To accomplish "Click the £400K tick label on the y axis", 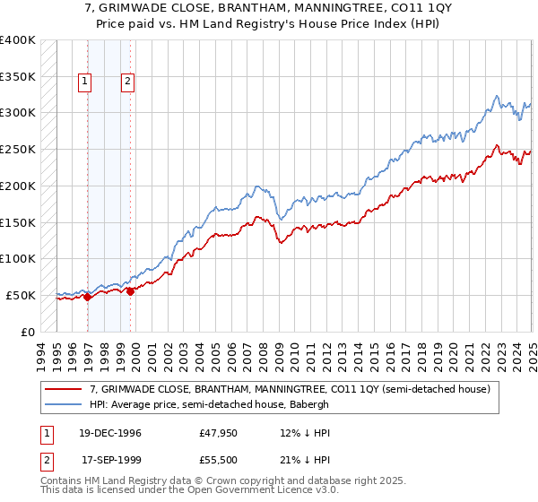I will pyautogui.click(x=18, y=40).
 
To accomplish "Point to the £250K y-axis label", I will pyautogui.click(x=18, y=150).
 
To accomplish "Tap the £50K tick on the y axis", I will pyautogui.click(x=21, y=295).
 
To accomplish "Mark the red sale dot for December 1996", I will pyautogui.click(x=88, y=297).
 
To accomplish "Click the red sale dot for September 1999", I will pyautogui.click(x=131, y=291).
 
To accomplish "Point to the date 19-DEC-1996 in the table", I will pyautogui.click(x=111, y=433).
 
